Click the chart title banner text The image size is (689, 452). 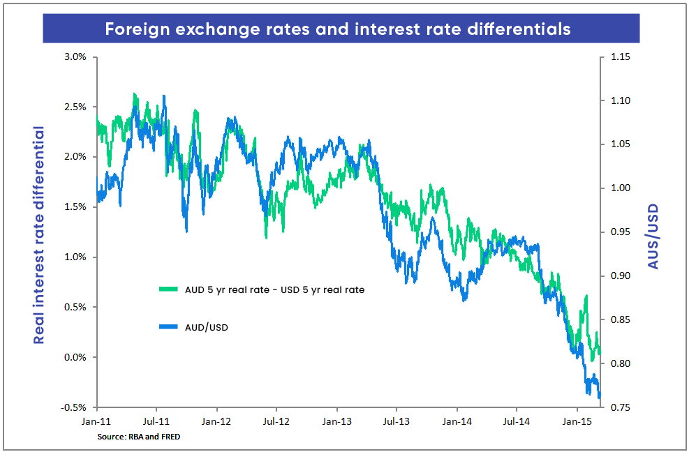coord(338,29)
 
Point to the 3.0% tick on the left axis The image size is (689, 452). coord(74,56)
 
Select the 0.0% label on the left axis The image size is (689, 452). coord(74,357)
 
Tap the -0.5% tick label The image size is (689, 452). coord(73,407)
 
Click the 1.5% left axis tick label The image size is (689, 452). coord(74,207)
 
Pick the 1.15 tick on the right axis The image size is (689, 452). coord(620,56)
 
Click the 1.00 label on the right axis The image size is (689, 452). coord(620,188)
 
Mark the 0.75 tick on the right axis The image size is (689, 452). coord(620,407)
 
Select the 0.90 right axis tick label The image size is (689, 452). coord(620,276)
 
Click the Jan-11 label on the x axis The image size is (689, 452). coord(96,422)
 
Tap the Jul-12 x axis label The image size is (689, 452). coord(276,422)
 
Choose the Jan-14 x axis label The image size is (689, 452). coord(457,422)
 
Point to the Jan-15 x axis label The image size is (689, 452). coord(577,422)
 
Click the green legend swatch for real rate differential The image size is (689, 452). coord(169,289)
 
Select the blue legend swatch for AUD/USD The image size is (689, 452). coord(169,326)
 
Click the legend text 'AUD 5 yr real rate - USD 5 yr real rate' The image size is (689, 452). coord(274,289)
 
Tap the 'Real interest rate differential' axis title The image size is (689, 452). coord(40,236)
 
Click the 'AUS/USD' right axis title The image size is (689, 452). coord(653,236)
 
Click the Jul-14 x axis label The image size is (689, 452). coord(517,422)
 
